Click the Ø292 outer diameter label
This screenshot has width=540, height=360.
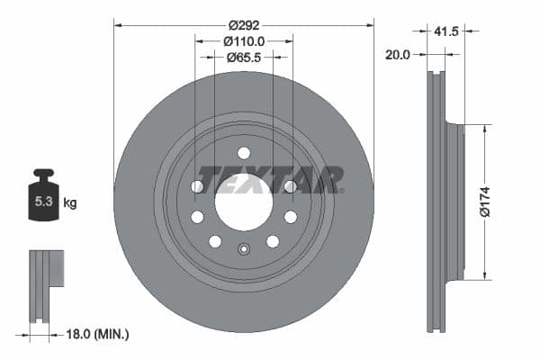click(x=243, y=24)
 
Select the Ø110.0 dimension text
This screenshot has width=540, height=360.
click(x=243, y=40)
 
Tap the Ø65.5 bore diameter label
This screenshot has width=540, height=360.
click(x=243, y=57)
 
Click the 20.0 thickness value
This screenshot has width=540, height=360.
click(x=397, y=54)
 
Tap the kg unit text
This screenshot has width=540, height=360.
click(x=69, y=203)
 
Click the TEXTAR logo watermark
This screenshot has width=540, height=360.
click(x=270, y=180)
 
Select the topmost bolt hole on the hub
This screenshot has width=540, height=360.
click(x=244, y=153)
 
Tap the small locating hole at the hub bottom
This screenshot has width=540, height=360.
click(x=244, y=249)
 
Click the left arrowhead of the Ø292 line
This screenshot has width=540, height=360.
click(x=117, y=24)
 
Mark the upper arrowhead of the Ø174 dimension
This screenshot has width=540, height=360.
click(x=486, y=129)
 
